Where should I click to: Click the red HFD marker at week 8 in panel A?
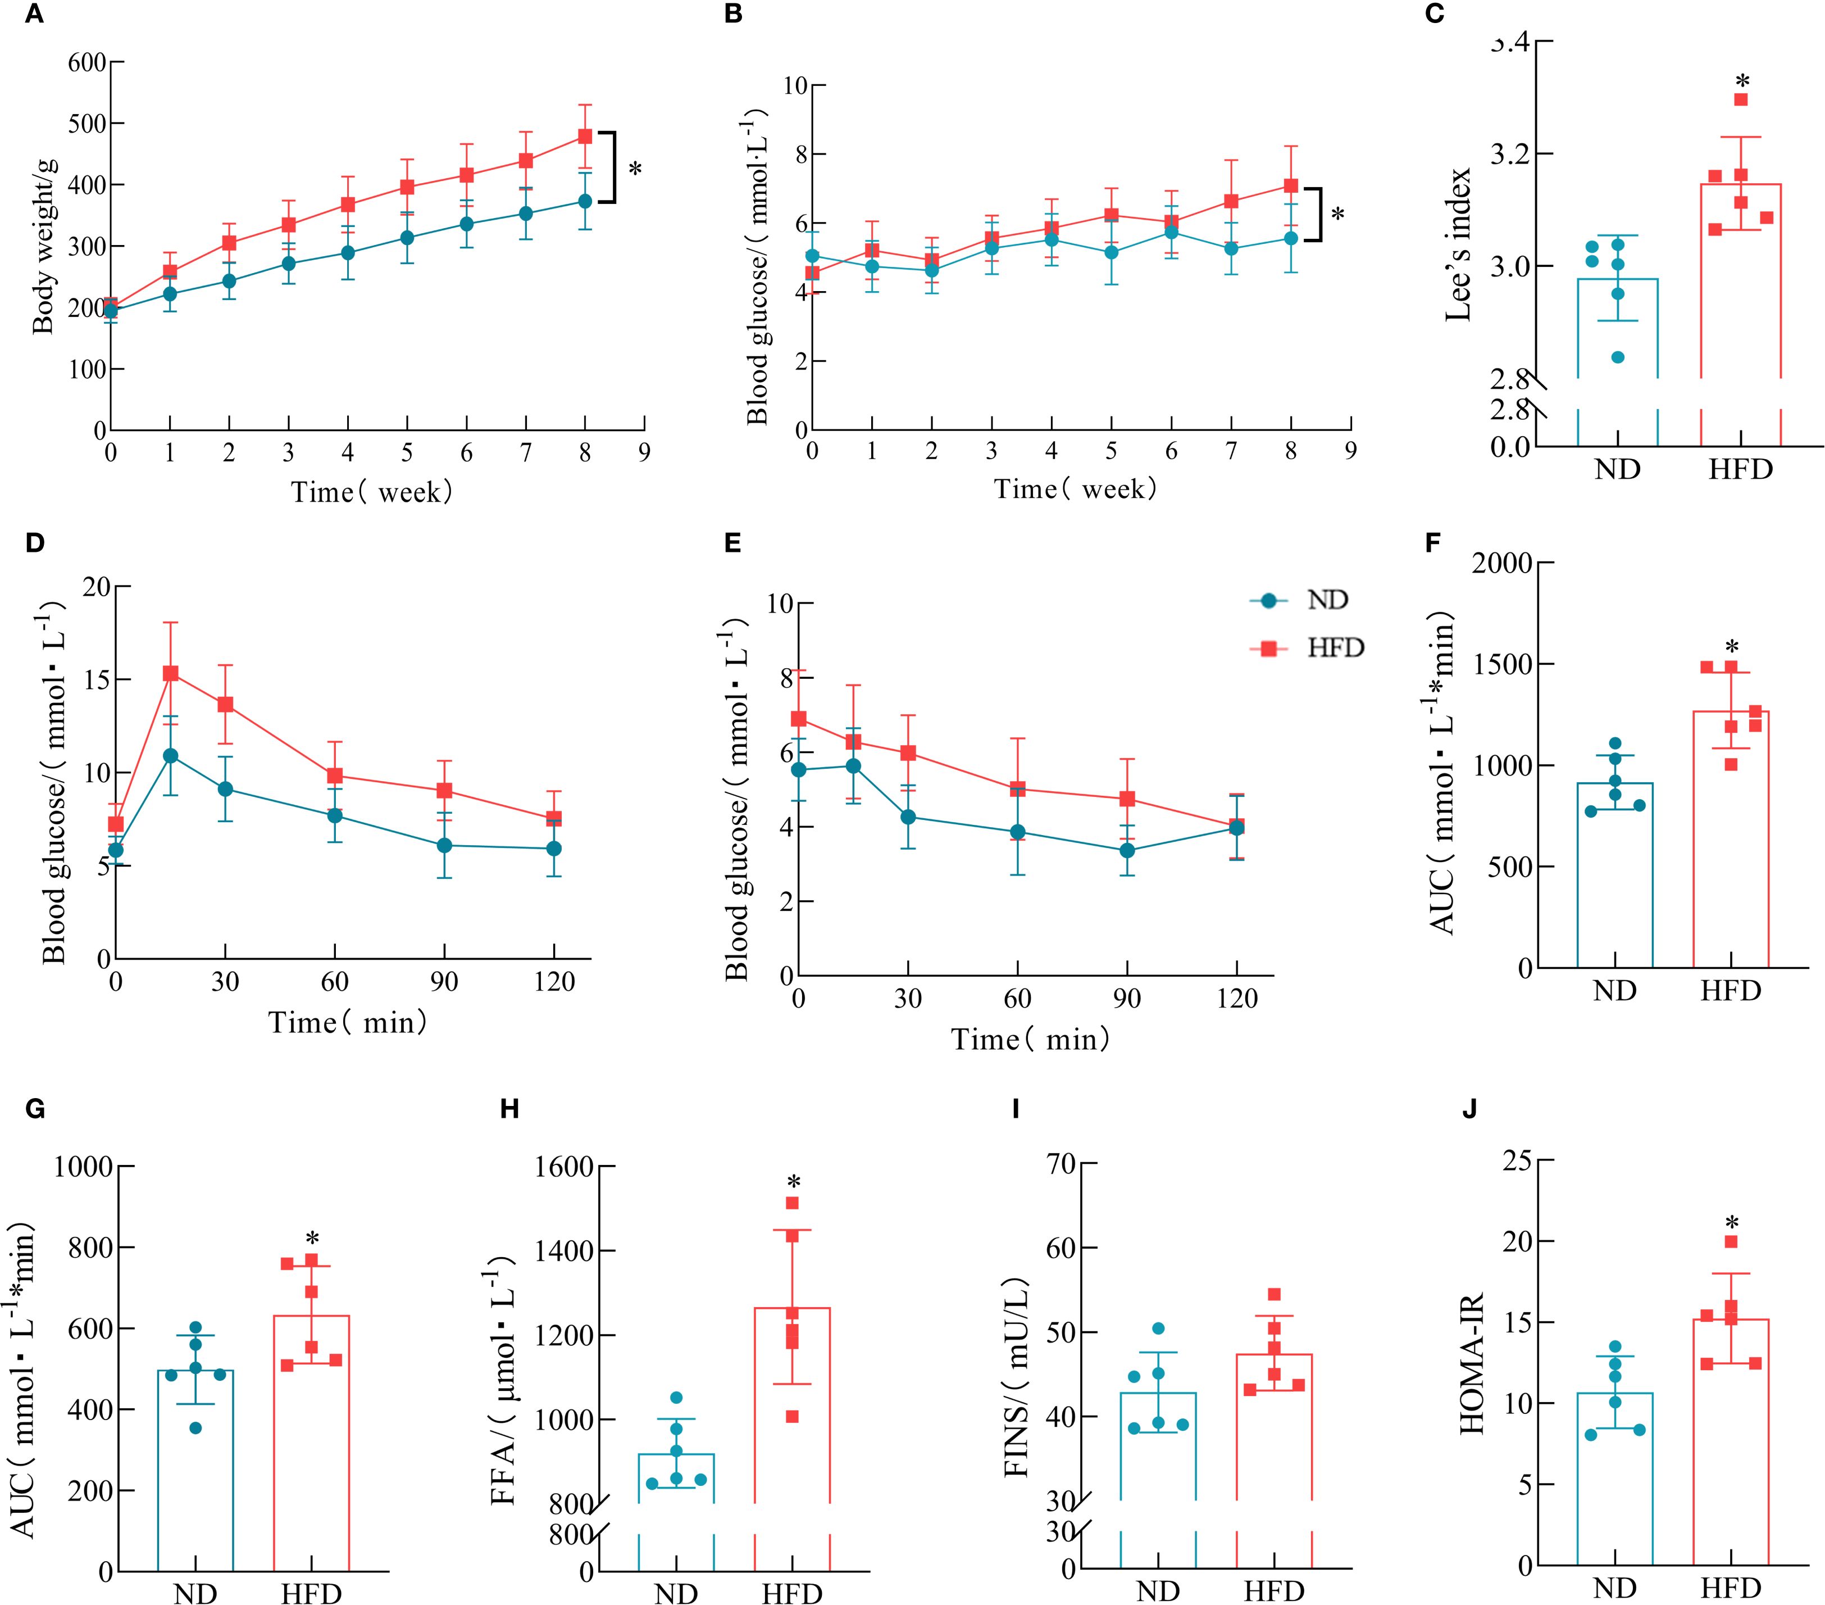[x=585, y=137]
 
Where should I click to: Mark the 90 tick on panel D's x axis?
[x=444, y=982]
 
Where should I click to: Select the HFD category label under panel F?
[x=1731, y=991]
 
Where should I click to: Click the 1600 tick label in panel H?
[x=565, y=1167]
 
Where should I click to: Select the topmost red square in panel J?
[x=1731, y=1241]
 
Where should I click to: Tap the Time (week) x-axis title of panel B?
[x=1075, y=489]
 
